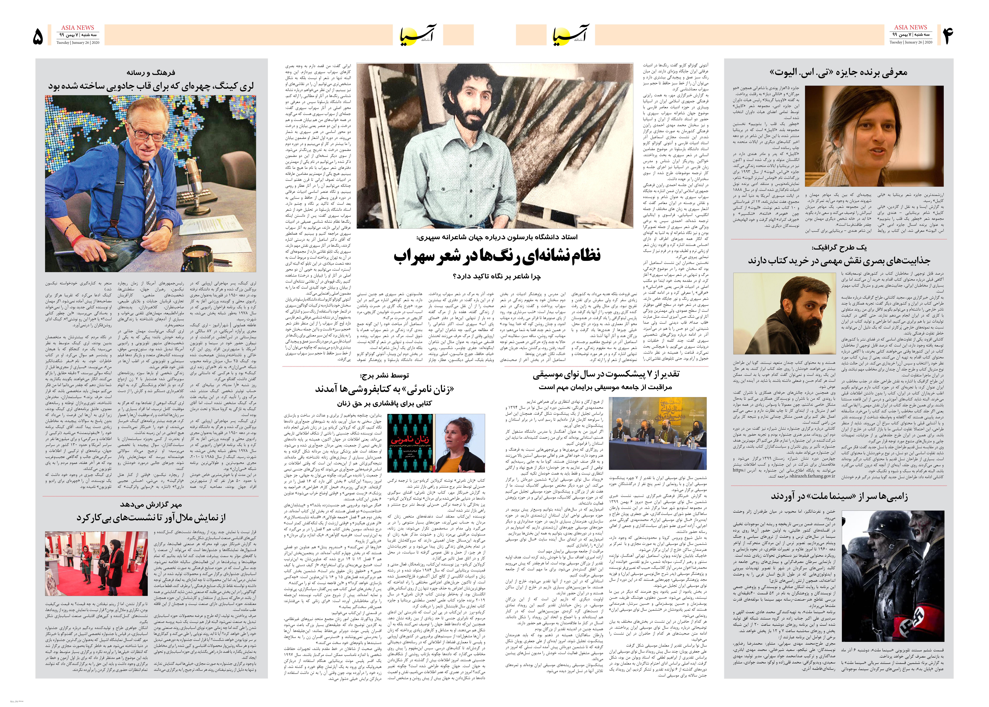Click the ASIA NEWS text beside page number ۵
coord(77,27)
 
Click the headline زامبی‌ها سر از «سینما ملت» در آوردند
coord(839,496)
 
